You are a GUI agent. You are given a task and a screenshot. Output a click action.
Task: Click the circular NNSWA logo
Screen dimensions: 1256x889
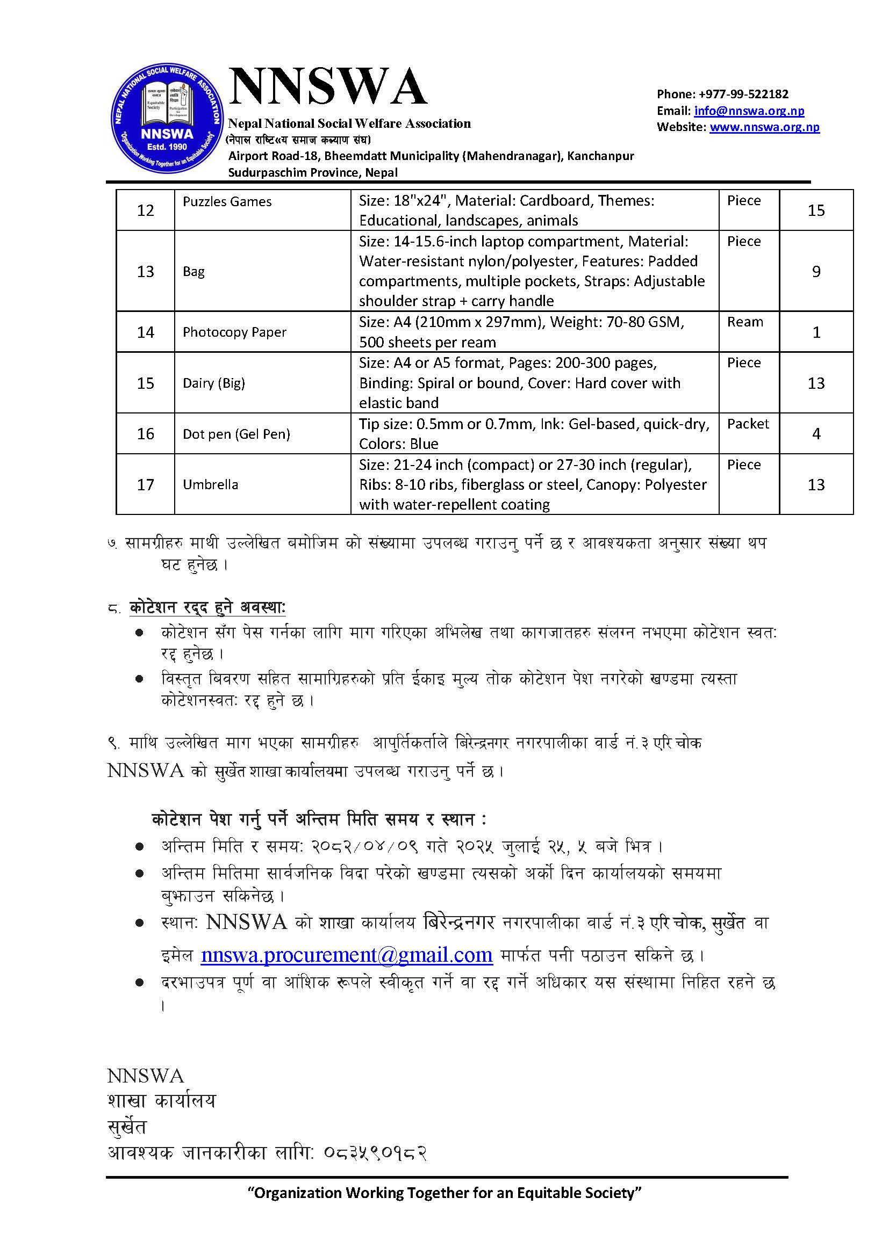167,119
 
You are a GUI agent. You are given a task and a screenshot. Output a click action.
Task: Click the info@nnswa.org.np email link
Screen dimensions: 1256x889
749,111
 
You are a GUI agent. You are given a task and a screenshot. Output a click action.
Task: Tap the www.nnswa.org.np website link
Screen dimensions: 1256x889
764,127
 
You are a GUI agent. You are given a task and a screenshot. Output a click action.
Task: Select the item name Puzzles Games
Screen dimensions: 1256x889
227,201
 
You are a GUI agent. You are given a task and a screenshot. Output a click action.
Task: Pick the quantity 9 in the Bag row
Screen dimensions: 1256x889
816,271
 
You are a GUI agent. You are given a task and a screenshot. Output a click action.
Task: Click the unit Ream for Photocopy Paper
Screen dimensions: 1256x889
744,322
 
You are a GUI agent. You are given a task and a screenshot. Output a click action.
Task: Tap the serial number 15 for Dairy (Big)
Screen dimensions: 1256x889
145,383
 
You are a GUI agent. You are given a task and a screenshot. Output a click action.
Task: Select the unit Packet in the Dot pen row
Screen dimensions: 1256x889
748,424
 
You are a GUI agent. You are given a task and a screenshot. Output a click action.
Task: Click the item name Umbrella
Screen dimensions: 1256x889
210,485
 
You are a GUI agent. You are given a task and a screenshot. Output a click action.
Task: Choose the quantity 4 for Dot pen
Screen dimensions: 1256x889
816,434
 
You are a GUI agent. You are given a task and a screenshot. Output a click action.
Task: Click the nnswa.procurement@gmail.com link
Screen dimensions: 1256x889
347,955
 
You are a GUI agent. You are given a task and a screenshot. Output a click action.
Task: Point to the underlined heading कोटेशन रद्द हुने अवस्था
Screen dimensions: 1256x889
207,607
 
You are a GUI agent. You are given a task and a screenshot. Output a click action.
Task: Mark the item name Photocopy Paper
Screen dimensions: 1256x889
234,332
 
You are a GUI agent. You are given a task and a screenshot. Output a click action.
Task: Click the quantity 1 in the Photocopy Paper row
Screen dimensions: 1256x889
816,332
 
